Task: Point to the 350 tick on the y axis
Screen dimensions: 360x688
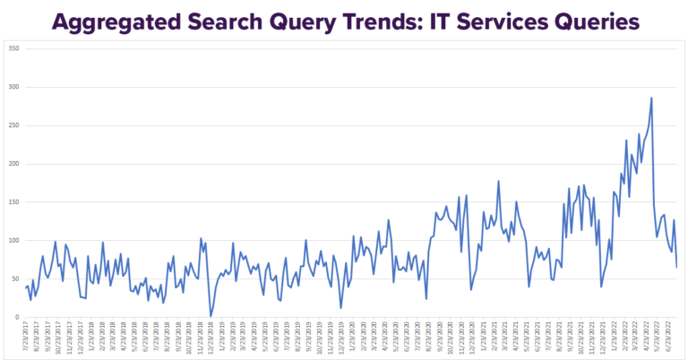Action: click(x=13, y=47)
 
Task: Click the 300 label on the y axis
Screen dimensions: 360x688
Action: click(x=13, y=86)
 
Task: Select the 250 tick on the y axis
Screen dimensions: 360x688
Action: click(x=13, y=124)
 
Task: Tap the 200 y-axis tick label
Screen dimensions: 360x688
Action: click(x=13, y=163)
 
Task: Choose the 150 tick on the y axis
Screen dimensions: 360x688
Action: click(x=13, y=201)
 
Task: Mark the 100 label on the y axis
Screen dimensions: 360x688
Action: click(x=13, y=240)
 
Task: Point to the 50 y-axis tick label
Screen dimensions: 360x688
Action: click(x=15, y=279)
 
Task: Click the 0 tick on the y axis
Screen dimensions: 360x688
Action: click(x=17, y=317)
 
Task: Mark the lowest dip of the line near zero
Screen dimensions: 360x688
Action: click(x=211, y=315)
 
